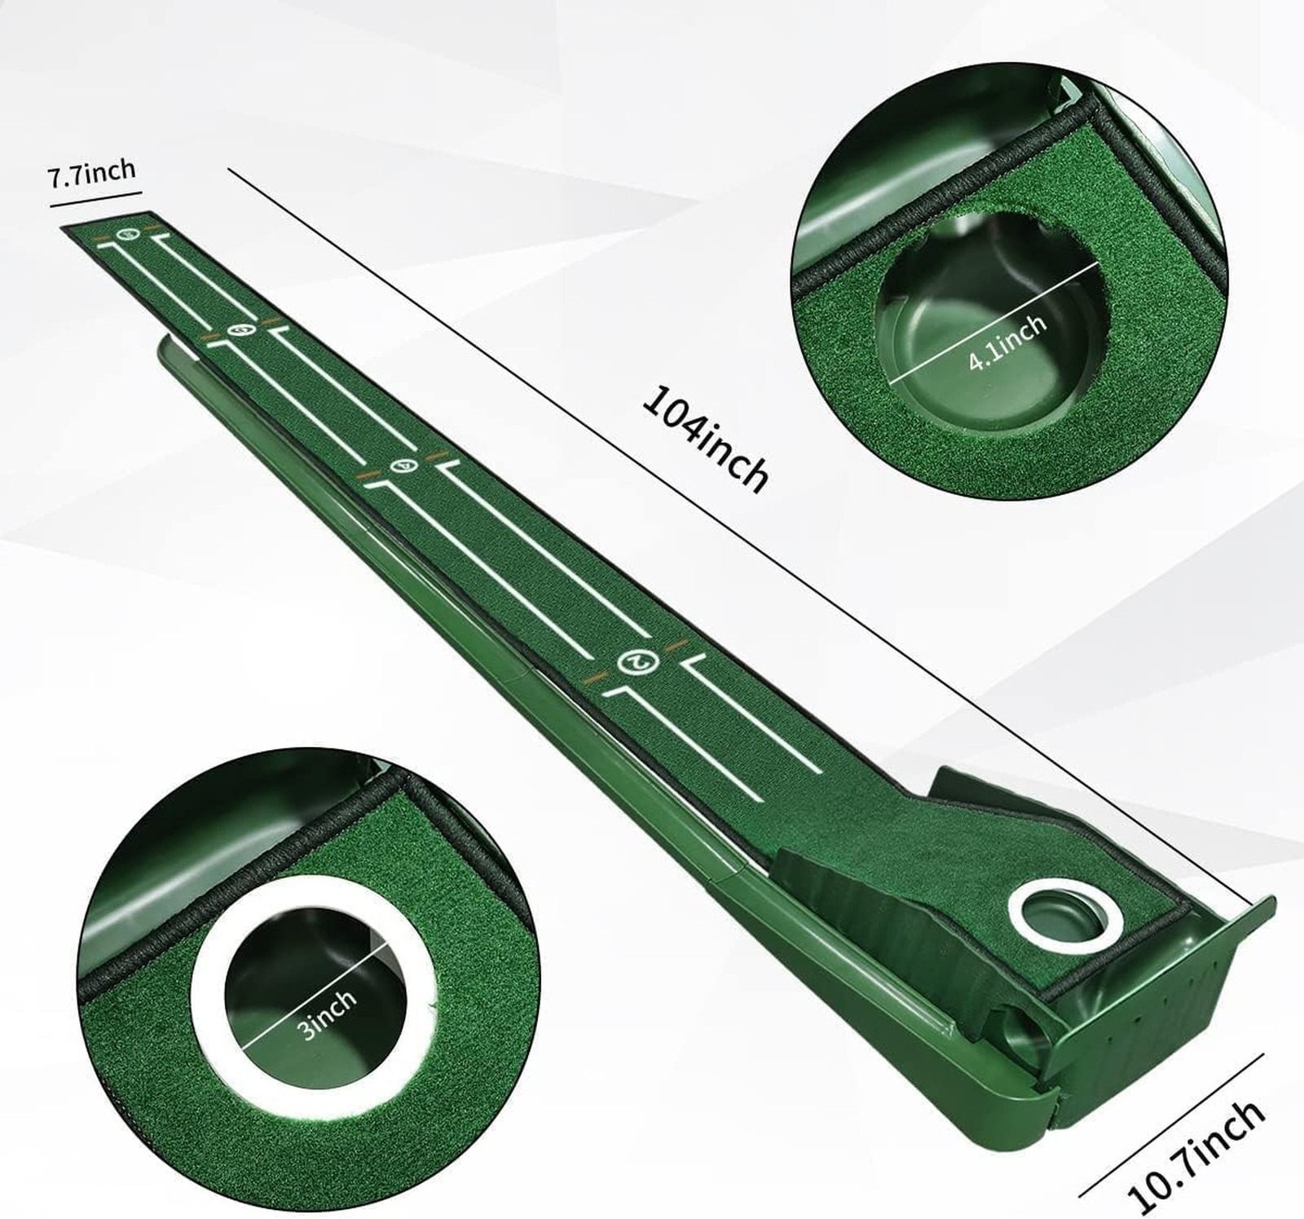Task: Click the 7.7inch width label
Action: pos(91,174)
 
